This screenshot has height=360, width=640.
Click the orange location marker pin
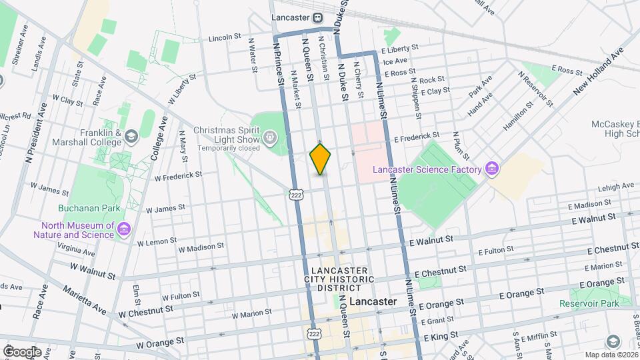320,159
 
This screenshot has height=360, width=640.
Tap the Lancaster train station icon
319,17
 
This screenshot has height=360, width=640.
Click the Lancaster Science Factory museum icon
492,168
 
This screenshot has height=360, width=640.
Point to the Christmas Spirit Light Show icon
270,139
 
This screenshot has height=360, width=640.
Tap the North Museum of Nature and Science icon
123,230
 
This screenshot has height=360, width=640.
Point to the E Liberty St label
399,48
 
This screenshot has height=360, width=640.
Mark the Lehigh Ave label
615,187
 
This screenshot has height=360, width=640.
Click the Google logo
22,351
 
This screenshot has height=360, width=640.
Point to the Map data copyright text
611,355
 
